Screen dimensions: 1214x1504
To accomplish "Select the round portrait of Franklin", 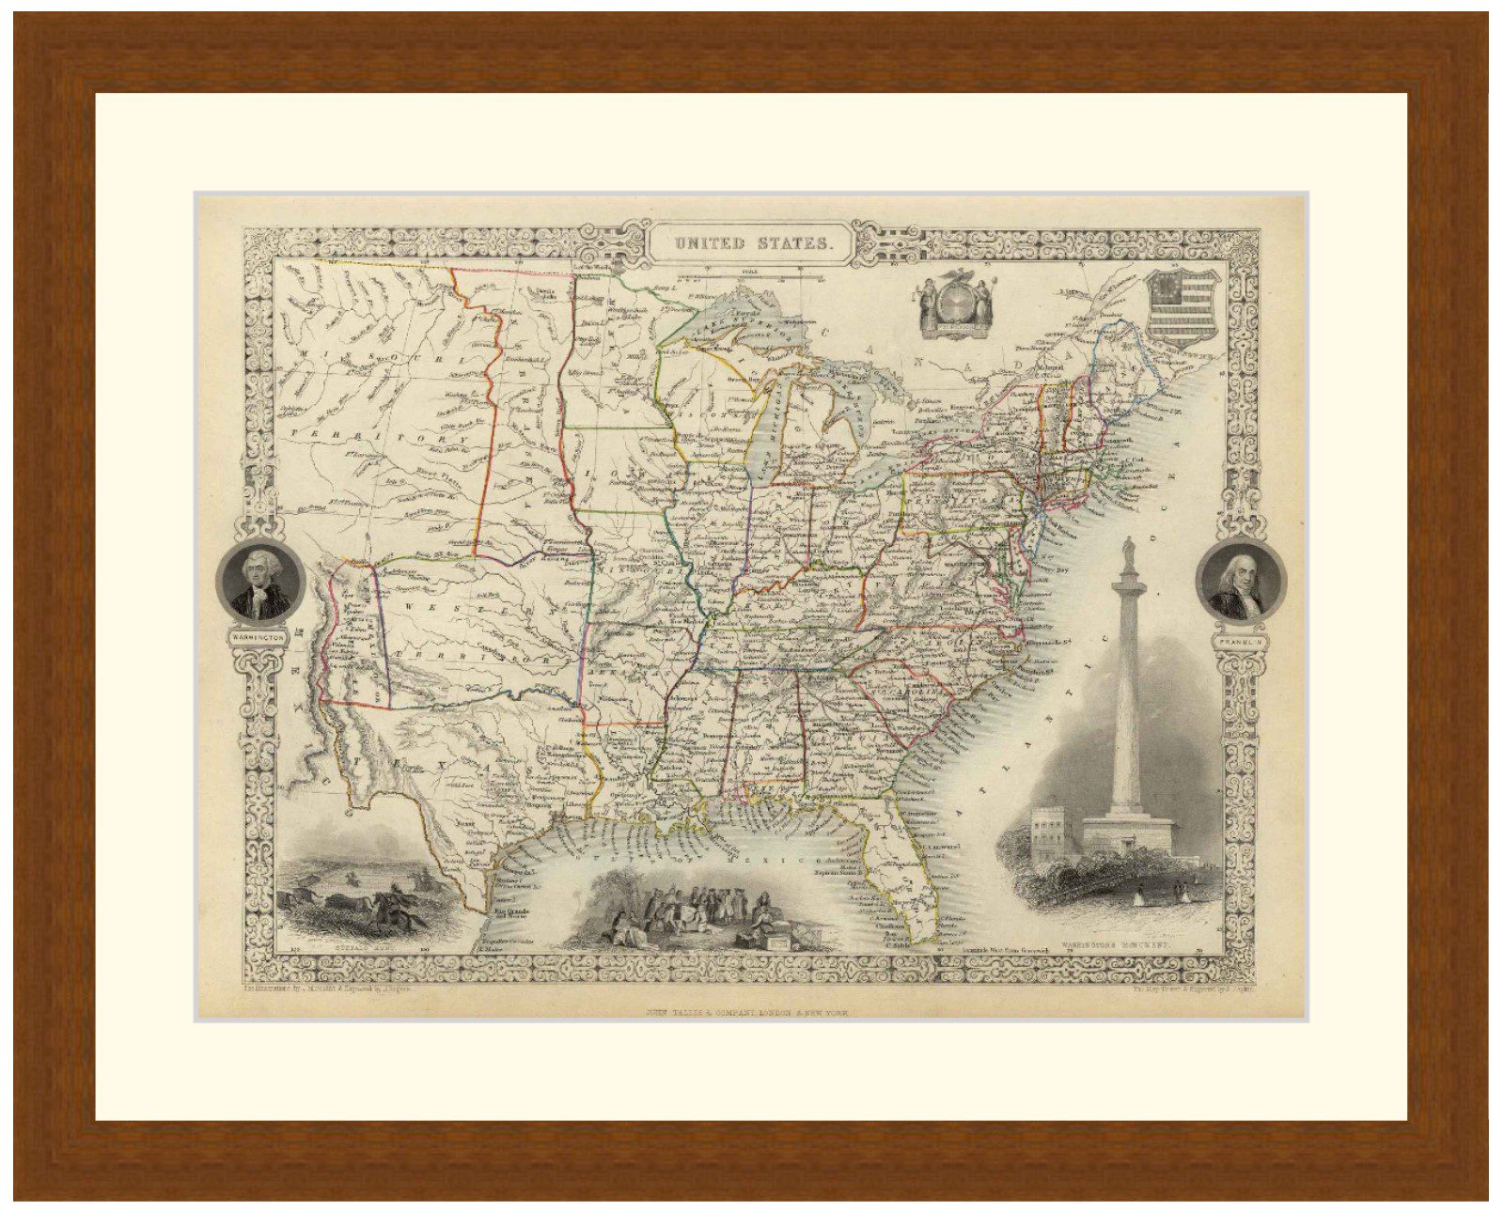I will point(1241,582).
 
